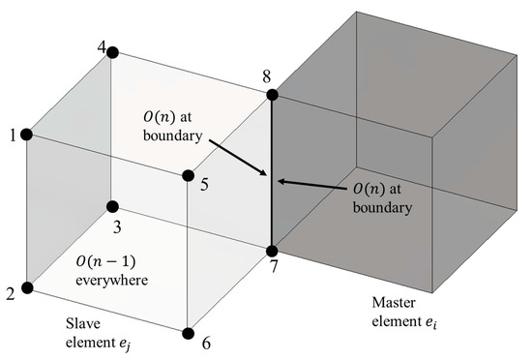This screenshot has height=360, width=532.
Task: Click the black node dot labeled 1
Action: [x=28, y=135]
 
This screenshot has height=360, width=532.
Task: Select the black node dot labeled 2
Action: [x=28, y=287]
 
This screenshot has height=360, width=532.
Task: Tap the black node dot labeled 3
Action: [x=112, y=206]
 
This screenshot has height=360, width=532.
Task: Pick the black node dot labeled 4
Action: [x=112, y=52]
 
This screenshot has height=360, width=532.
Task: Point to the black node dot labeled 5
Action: [x=189, y=176]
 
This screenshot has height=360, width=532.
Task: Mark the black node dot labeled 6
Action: [x=189, y=333]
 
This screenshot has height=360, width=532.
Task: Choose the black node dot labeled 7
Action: [x=272, y=251]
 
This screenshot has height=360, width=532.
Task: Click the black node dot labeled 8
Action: [x=272, y=95]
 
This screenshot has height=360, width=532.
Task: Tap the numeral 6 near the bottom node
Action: [x=206, y=343]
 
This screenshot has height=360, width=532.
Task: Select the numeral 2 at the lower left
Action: [x=11, y=293]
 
